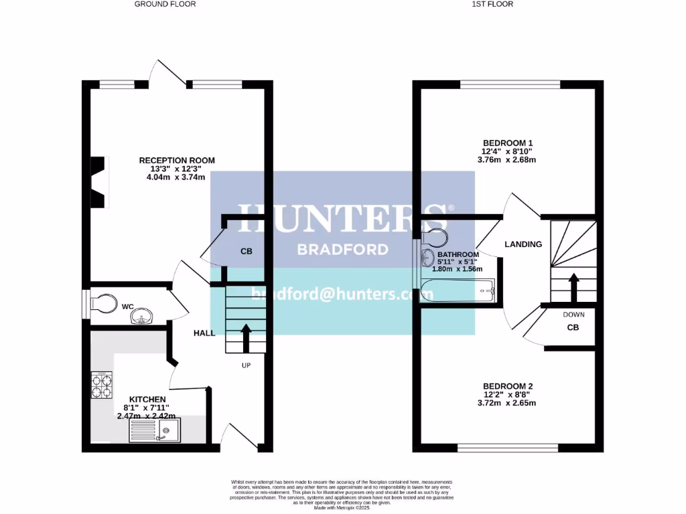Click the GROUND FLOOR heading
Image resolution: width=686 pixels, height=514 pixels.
click(x=165, y=4)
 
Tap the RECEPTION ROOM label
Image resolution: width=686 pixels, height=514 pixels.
click(x=177, y=161)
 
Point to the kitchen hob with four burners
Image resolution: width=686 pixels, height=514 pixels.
click(x=101, y=385)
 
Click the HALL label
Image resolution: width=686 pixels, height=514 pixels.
click(x=204, y=333)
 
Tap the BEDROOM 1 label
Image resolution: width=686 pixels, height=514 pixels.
click(x=508, y=143)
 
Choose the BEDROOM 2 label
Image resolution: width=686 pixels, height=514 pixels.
click(x=508, y=386)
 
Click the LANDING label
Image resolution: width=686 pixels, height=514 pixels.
click(x=523, y=244)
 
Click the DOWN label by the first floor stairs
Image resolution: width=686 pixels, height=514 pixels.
click(x=573, y=314)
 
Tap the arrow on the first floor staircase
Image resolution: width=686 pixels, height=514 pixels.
click(x=573, y=286)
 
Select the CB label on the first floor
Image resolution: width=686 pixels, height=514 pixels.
click(x=573, y=328)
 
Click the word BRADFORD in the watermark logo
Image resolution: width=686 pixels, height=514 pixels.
click(x=342, y=250)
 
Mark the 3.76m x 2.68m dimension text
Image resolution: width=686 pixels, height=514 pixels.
click(x=506, y=160)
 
